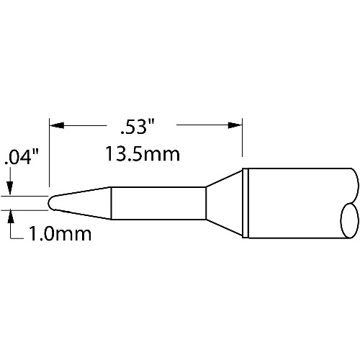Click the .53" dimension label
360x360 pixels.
[137, 127]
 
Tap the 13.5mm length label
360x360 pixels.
[143, 154]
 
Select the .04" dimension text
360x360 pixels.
[22, 157]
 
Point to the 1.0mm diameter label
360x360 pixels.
[60, 234]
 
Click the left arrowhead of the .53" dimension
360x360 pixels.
[57, 125]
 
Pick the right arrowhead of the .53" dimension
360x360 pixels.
[235, 125]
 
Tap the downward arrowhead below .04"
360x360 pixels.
[10, 188]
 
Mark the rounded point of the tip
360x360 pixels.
[50, 203]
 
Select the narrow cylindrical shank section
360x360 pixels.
[158, 203]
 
